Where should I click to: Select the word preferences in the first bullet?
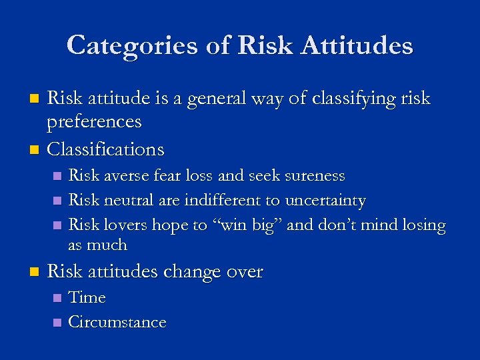tap(94, 122)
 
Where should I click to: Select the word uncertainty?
tap(325, 201)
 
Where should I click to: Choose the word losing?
tap(421, 225)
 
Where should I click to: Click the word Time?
tap(87, 297)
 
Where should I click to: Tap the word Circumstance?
tap(117, 322)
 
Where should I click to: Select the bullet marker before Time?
tap(57, 297)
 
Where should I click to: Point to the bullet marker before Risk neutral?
tap(57, 201)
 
